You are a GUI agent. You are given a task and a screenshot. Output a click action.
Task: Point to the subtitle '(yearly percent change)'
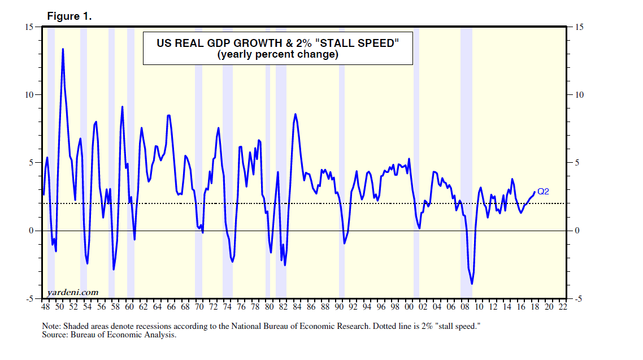click(277, 55)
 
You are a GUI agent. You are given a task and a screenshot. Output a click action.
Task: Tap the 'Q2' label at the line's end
click(543, 192)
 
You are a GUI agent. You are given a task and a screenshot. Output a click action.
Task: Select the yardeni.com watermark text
click(72, 292)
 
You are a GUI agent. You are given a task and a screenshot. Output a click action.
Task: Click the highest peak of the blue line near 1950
click(63, 49)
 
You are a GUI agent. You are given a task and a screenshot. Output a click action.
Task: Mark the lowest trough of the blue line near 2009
click(472, 284)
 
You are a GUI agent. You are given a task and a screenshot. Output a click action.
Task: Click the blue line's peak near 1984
click(296, 114)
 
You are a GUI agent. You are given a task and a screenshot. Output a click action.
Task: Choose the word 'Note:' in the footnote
click(53, 327)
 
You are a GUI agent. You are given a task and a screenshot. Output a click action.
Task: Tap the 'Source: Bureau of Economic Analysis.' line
click(110, 335)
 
